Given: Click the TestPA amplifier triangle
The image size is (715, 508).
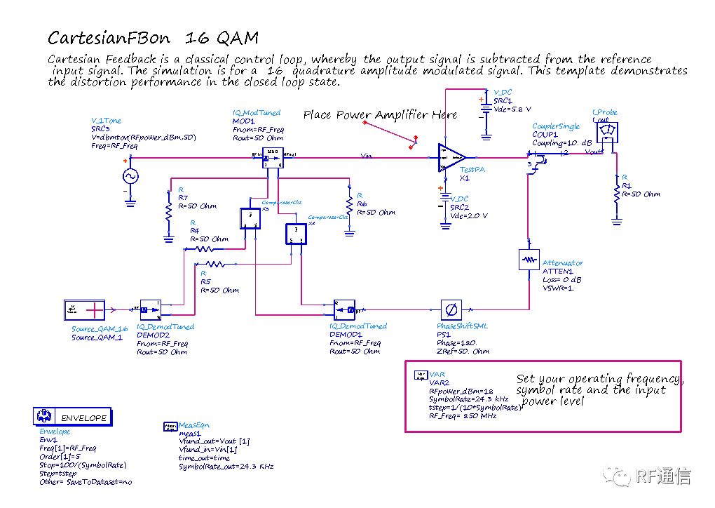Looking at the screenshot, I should pos(451,158).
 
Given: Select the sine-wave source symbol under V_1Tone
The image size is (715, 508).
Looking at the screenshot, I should pos(130,177).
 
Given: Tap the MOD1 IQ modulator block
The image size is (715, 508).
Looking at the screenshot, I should pos(272,158).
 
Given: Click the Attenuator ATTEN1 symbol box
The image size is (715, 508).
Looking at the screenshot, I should pos(528,260).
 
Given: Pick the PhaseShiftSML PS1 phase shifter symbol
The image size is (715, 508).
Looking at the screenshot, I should pos(451,309).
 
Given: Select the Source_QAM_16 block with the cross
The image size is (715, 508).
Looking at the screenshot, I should pos(84,309).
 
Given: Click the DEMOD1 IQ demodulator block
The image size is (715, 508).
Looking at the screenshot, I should pos(345,309).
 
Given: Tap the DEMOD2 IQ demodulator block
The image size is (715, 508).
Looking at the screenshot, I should pos(150,309).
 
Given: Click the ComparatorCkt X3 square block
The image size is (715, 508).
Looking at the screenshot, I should pos(250,219).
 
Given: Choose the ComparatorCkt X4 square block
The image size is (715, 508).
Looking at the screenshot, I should pos(296,234).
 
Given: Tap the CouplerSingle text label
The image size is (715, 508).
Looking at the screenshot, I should pos(556,126).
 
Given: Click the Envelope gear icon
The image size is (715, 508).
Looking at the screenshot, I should pos(44,416).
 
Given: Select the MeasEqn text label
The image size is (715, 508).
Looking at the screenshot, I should pos(194,425).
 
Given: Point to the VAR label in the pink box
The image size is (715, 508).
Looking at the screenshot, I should pos(437,375).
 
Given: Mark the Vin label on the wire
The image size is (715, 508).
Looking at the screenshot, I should pos(366,156).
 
